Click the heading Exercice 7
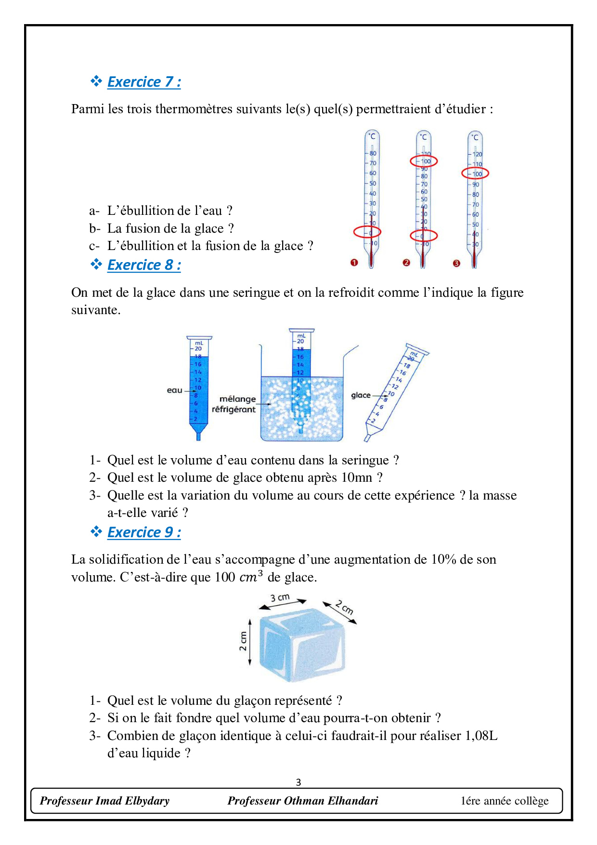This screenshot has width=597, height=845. coord(143,82)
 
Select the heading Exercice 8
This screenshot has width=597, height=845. coord(143,265)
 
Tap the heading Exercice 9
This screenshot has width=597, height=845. coord(143,532)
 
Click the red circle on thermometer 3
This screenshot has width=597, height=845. coord(475,173)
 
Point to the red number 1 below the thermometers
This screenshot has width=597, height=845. coord(354,263)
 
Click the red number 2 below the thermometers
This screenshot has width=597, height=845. coord(406,263)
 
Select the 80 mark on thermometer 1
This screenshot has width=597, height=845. coord(373,153)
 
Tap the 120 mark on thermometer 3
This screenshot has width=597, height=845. coord(477,154)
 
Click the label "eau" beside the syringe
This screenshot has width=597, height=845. coord(174,390)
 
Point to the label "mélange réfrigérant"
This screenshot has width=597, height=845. coord(234,404)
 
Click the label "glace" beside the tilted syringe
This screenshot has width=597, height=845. coord(361,395)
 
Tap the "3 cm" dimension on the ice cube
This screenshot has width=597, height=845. coord(280,598)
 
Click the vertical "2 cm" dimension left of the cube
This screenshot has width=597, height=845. coord(243,641)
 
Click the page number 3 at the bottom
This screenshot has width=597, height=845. coord(298,782)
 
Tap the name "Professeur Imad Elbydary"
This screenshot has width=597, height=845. coord(104,801)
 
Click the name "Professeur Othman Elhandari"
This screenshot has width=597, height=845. coord(302,801)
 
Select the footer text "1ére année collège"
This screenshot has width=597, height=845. coord(504,801)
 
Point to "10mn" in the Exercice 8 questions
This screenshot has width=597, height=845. coord(357,477)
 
